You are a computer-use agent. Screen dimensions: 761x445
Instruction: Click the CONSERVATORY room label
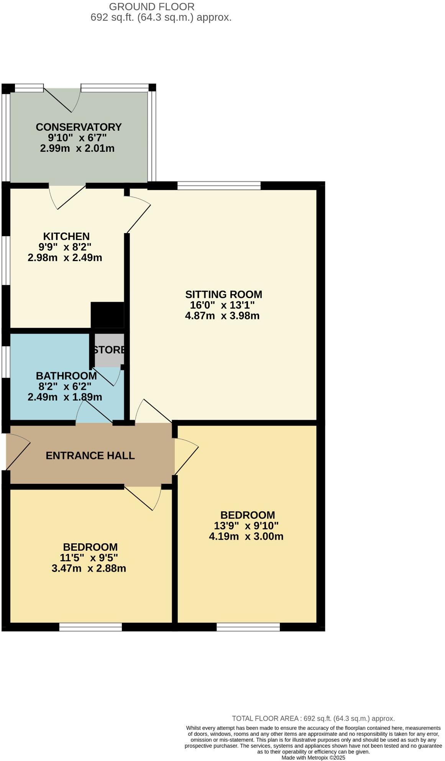pos(79,127)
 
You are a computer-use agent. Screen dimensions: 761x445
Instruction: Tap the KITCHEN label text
pos(66,236)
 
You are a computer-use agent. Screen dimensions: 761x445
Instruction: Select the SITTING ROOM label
pos(223,294)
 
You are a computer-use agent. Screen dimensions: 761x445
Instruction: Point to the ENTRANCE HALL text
pos(90,455)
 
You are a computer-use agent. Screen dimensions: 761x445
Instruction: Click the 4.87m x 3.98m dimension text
pos(222,316)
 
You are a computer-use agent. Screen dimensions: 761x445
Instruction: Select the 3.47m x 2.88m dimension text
pos(89,568)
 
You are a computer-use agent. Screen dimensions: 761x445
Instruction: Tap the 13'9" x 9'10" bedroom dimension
pos(246,526)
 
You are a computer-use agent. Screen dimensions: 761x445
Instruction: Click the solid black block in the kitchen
pos(107,315)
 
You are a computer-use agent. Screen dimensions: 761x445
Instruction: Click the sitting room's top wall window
pos(219,186)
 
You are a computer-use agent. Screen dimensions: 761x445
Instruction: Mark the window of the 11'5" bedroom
pos(90,627)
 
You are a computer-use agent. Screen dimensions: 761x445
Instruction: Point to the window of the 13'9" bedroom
pos(248,627)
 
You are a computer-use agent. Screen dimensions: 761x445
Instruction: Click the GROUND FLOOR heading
pos(152,7)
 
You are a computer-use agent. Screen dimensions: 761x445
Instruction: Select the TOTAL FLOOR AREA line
pos(313,718)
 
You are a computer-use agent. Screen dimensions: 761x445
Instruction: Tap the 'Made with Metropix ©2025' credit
pos(313,758)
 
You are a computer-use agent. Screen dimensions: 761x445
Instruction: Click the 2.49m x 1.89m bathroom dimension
pos(65,397)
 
